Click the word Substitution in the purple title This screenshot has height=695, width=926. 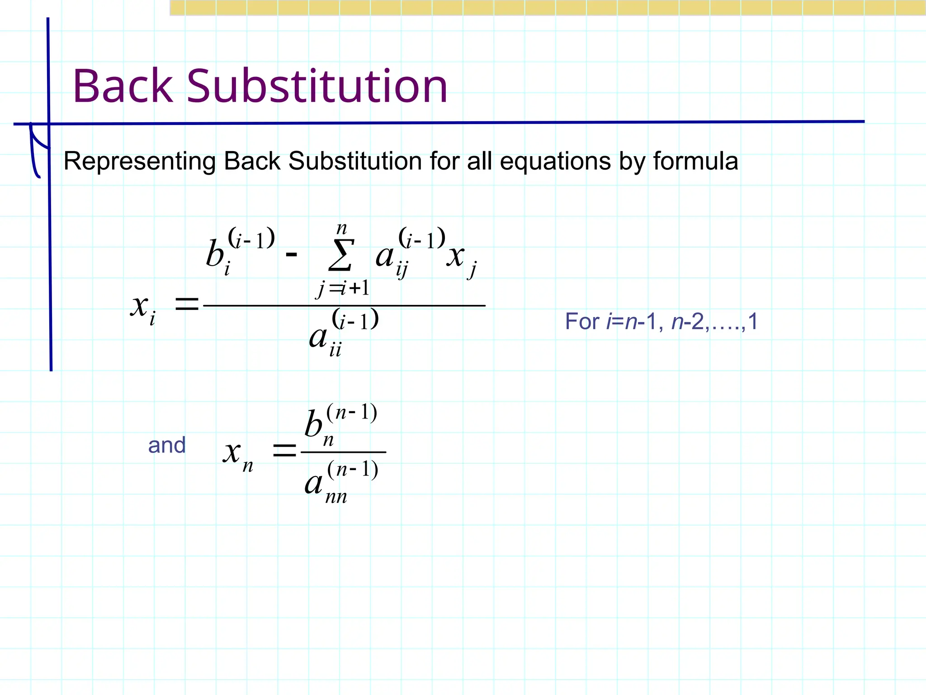point(317,86)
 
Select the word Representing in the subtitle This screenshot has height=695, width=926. point(140,162)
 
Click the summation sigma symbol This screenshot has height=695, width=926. point(341,255)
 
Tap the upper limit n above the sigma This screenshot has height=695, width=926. point(342,228)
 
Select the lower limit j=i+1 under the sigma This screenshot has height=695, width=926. point(343,288)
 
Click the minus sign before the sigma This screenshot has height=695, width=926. point(292,255)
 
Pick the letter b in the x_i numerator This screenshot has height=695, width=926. point(215,253)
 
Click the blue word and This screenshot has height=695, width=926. point(167,446)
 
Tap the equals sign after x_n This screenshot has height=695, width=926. point(284,451)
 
